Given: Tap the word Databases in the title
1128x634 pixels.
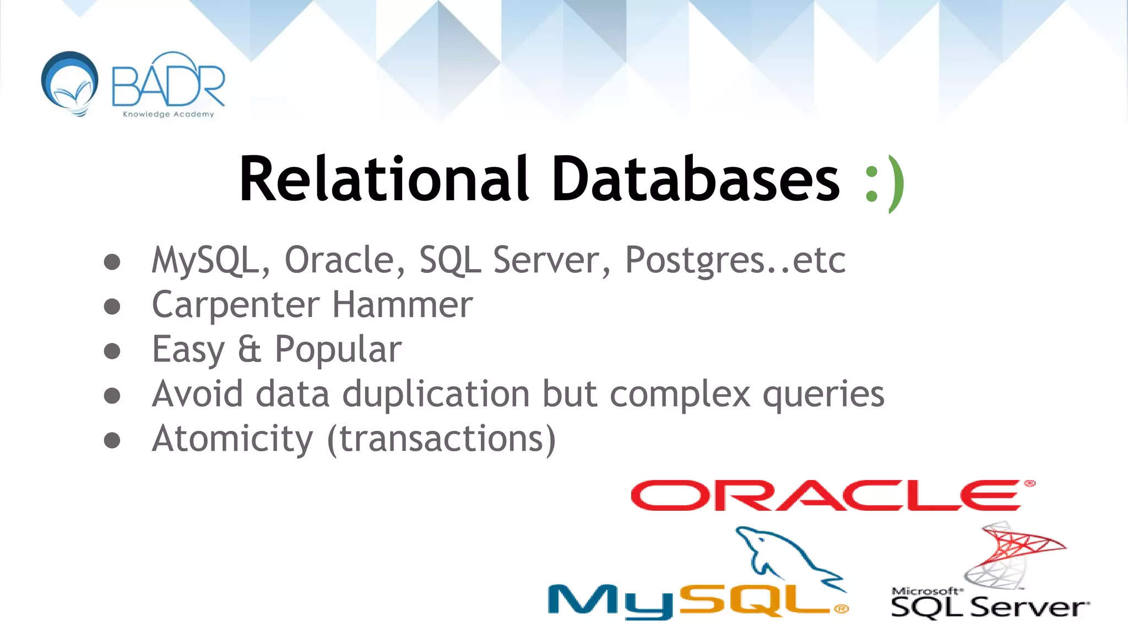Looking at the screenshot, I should (696, 179).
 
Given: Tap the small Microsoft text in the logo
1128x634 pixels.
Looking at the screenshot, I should (927, 591).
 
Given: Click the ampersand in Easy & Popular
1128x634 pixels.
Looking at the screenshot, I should (250, 349).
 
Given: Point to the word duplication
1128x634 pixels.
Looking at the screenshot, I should (438, 394).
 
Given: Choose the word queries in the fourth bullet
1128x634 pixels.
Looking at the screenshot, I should (823, 395).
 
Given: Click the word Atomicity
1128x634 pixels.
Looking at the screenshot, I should (232, 439).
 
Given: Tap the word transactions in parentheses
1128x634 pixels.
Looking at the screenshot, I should (441, 439).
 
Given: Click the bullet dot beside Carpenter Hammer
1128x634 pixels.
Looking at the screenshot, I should (112, 306).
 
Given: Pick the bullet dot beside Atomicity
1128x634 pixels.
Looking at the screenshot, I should (112, 440).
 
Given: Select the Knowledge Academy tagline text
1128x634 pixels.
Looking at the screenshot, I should (168, 114).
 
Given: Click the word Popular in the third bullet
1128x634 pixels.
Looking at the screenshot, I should (338, 350).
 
